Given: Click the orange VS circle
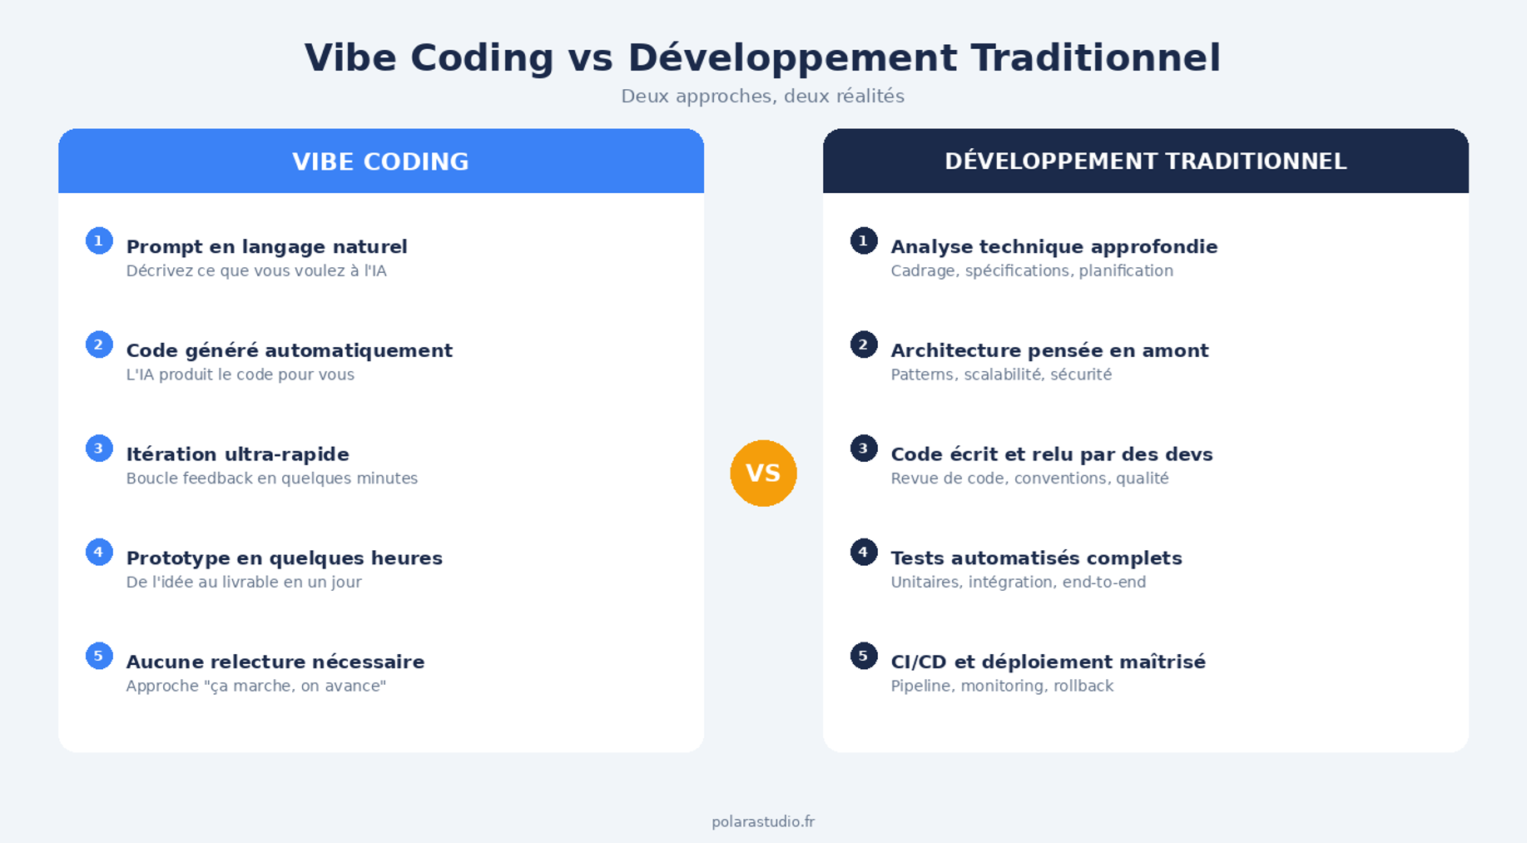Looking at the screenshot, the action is click(x=763, y=473).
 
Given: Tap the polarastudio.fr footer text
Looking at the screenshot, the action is click(x=763, y=822).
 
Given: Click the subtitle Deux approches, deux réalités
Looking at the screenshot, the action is click(x=762, y=97).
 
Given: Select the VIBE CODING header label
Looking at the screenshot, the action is click(x=380, y=161).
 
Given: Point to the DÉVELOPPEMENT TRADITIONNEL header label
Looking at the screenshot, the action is click(x=1145, y=161).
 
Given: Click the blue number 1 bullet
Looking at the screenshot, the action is click(x=99, y=241).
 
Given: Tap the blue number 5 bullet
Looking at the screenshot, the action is click(x=99, y=656).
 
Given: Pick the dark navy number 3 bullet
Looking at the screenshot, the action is click(x=864, y=448).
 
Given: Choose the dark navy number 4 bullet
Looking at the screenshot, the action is click(x=864, y=552).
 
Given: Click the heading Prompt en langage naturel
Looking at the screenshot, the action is click(x=266, y=247).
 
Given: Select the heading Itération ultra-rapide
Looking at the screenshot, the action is click(x=237, y=454).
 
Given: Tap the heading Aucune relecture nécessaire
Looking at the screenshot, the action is click(x=275, y=662).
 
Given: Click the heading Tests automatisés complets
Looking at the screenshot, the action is click(x=1036, y=558).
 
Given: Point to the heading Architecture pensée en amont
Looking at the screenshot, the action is click(x=1049, y=350).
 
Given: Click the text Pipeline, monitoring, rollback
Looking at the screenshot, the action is click(x=1002, y=687).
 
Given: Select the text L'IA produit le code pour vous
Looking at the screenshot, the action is click(x=240, y=374).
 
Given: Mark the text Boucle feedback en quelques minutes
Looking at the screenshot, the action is click(x=271, y=479).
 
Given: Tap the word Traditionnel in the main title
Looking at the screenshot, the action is click(x=1095, y=58).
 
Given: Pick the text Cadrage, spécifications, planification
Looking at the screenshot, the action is click(x=1032, y=271).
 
